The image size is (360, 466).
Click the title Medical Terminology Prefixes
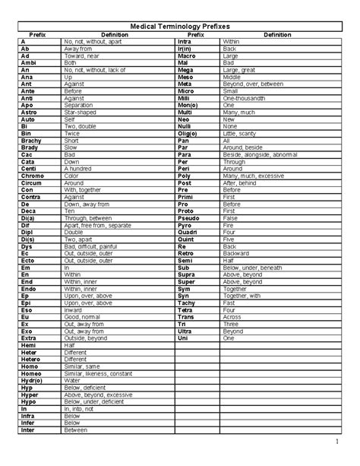[x=180, y=26]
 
